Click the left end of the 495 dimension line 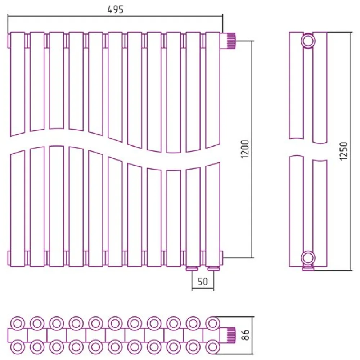point(8,16)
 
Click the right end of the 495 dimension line point(222,16)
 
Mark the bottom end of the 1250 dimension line point(351,270)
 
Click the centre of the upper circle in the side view point(308,41)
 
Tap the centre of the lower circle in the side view point(308,258)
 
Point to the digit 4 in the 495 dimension point(110,9)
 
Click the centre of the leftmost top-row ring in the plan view point(18,324)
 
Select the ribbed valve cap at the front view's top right point(231,41)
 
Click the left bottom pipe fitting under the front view point(192,269)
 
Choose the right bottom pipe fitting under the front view point(213,269)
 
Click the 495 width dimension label point(116,9)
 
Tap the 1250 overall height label point(344,151)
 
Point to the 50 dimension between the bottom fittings point(202,282)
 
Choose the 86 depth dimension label point(245,335)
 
